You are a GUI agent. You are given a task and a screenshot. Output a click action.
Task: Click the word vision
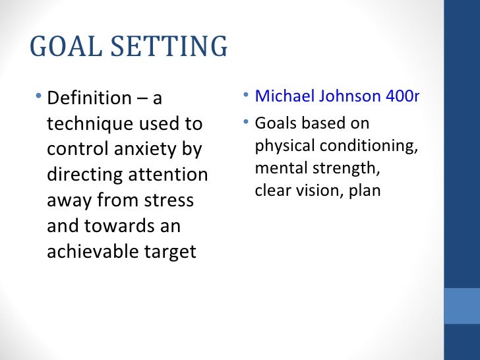pyautogui.click(x=311, y=191)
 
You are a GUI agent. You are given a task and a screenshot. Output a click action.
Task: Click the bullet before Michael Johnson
pyautogui.click(x=245, y=96)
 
